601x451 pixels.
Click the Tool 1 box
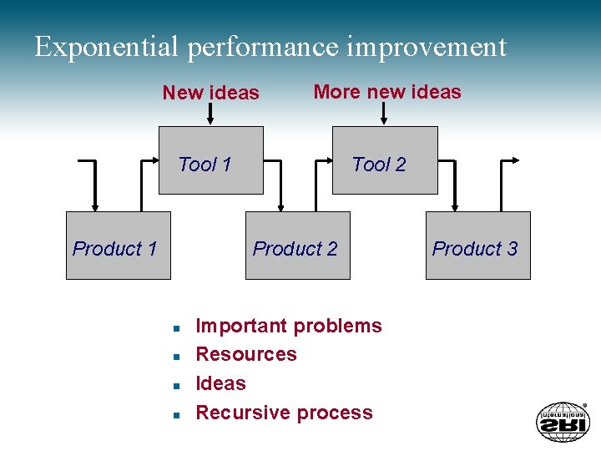point(211,160)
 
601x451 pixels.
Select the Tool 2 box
point(385,160)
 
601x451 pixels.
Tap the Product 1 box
point(118,245)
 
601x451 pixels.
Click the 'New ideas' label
point(210,93)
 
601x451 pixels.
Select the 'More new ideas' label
point(386,92)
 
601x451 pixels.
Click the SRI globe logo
point(562,421)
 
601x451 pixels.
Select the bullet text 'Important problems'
point(288,326)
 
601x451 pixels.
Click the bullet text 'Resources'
point(245,354)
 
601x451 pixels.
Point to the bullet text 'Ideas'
point(220,383)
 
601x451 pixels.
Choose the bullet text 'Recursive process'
point(284,413)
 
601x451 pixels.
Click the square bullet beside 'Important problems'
point(177,327)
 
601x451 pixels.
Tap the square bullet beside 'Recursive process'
point(177,414)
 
